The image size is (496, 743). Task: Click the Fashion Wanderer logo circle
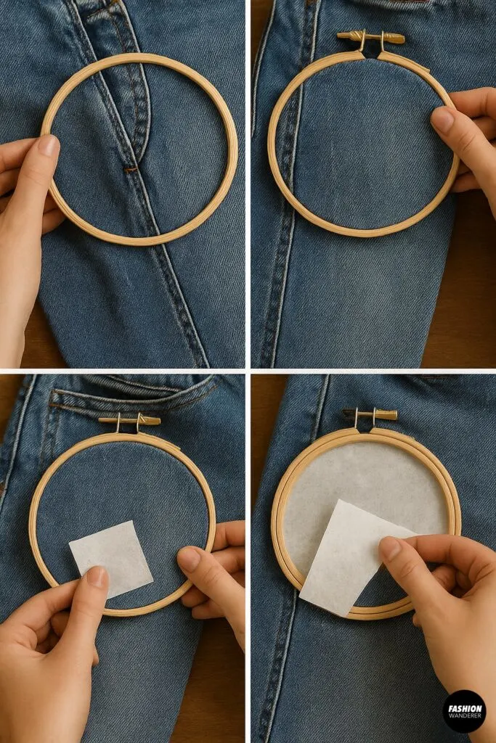(x=464, y=710)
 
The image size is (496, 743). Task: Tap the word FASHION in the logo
(x=464, y=705)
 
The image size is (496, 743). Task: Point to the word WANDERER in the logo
(x=464, y=715)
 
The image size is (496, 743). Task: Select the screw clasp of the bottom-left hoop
(x=129, y=420)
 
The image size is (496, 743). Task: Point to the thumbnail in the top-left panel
(x=48, y=146)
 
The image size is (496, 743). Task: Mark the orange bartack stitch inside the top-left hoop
(x=131, y=169)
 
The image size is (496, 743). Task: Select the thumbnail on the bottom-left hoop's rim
(x=190, y=558)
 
